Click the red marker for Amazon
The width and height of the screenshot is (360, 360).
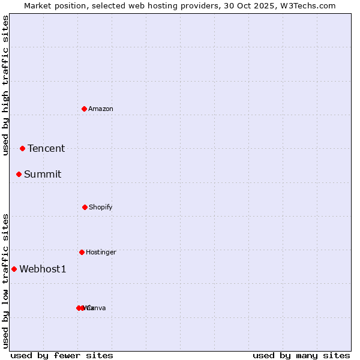tap(85, 109)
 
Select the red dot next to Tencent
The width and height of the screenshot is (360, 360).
tap(22, 148)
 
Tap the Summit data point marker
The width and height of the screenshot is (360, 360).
tap(19, 174)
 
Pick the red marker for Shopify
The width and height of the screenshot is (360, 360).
tap(85, 207)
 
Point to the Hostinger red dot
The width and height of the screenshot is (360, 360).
tap(82, 252)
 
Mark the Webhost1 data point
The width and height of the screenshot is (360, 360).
tap(14, 269)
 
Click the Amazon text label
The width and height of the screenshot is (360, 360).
tap(101, 109)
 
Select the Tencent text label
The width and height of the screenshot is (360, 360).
tap(46, 149)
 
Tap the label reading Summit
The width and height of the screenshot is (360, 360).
tap(43, 175)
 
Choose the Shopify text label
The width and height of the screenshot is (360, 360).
tap(101, 208)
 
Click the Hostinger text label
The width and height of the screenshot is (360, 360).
tap(101, 253)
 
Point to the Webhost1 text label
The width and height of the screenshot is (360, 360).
tap(43, 269)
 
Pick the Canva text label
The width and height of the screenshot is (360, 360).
tap(96, 308)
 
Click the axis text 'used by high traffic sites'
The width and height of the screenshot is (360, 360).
tap(5, 85)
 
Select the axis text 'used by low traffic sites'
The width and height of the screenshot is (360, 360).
tap(5, 280)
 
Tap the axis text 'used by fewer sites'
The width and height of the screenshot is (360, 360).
tap(62, 355)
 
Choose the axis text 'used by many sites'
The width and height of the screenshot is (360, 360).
tap(301, 355)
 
